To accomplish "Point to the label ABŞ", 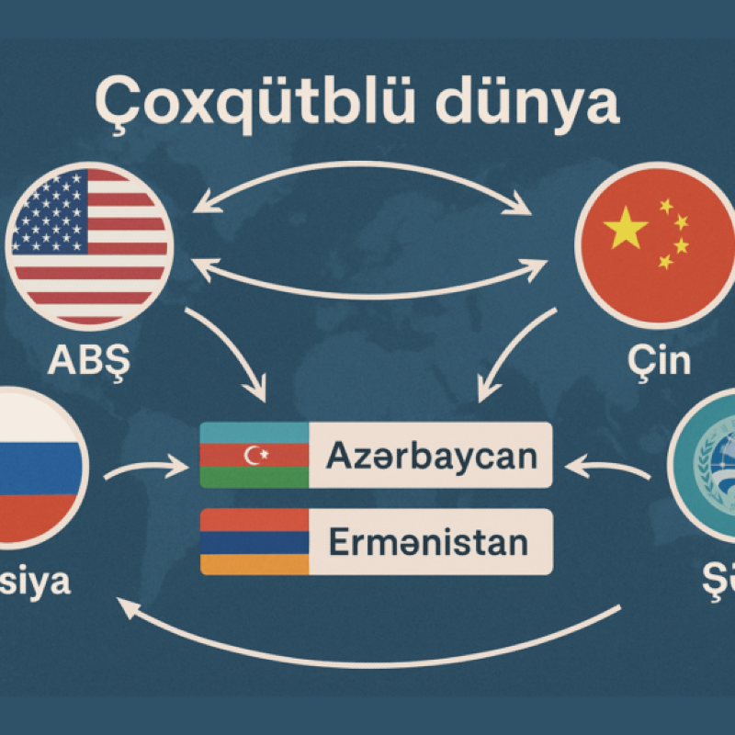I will click(89, 361).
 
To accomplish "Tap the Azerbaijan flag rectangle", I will click(254, 455).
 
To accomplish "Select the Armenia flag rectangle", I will click(254, 542).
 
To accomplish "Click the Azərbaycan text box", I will click(430, 455).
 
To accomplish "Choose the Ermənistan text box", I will click(430, 542).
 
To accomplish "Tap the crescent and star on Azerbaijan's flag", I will click(254, 455).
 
